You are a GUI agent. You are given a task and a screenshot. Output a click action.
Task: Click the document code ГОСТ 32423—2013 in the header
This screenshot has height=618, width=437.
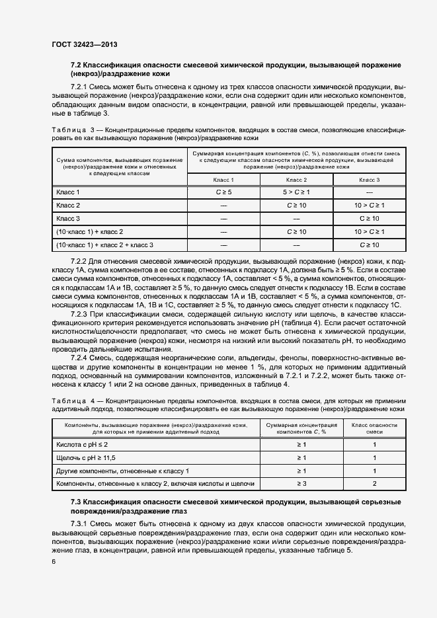point(84,45)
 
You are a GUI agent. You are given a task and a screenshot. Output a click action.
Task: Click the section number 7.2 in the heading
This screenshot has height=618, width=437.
point(76,65)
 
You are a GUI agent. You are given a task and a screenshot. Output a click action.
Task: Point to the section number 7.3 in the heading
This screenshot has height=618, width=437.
point(76,504)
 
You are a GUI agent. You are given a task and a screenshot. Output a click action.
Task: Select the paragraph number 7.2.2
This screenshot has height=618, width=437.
point(80,262)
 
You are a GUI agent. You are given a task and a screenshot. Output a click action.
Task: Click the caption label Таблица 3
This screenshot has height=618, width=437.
point(73,130)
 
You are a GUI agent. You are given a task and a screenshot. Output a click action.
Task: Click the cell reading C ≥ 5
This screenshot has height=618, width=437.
point(223,192)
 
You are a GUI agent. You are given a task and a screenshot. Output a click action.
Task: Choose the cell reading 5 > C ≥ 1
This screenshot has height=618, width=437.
point(296,192)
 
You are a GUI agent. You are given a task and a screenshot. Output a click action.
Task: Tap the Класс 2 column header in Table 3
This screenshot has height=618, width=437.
point(296,179)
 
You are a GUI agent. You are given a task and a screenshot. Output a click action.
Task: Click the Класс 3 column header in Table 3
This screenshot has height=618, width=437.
point(369,179)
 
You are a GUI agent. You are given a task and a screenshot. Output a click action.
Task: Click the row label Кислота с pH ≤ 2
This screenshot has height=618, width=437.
point(82,444)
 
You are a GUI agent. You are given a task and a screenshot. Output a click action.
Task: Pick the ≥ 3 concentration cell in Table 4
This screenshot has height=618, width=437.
point(301,484)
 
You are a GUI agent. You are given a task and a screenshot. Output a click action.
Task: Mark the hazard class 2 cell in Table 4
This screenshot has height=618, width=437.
point(374,484)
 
